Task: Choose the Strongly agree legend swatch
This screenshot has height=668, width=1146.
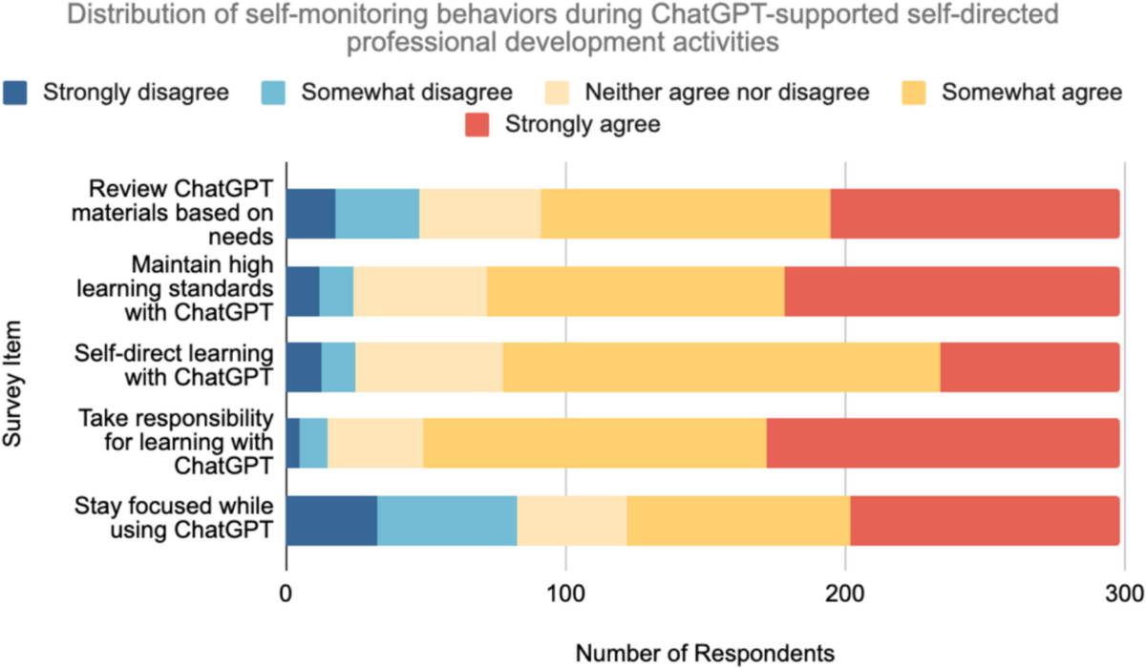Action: pos(476,125)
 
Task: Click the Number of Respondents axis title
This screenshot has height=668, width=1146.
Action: pos(705,653)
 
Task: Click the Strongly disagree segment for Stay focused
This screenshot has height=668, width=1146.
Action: pos(331,520)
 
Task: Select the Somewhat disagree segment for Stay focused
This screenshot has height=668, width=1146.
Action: pos(447,520)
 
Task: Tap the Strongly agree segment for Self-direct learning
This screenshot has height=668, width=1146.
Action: pos(1029,366)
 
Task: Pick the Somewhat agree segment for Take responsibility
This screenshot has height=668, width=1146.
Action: pos(594,444)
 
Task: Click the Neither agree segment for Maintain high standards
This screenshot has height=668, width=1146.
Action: pos(420,290)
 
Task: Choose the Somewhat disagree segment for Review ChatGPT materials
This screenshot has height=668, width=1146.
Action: pos(377,213)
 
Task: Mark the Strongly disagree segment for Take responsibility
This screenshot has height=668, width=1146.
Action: pos(293,444)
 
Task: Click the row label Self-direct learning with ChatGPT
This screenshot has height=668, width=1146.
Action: pos(175,366)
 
